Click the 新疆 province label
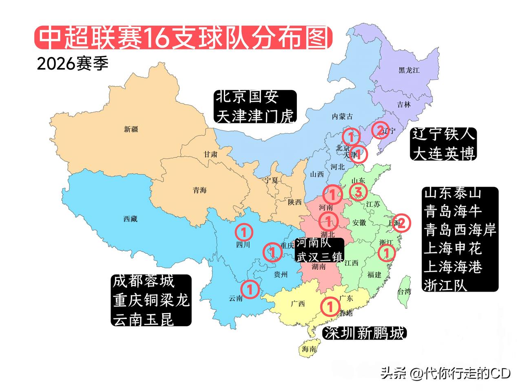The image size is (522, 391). [131, 129]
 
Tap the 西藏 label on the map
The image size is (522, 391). [130, 219]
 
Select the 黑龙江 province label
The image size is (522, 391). [409, 70]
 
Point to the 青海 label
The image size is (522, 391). [200, 190]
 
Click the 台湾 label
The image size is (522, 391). [404, 292]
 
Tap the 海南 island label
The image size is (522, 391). [309, 349]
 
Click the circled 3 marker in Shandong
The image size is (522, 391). [358, 191]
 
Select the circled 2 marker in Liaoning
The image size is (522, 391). [380, 130]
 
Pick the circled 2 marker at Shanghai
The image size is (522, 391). [401, 223]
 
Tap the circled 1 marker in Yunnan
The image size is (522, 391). [250, 289]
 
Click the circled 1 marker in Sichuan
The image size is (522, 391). [244, 232]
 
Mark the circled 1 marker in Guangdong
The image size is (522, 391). [330, 306]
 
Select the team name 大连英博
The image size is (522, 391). [444, 154]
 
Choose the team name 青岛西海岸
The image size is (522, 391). [460, 230]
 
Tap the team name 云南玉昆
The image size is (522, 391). [144, 319]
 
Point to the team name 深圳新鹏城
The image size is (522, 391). [364, 333]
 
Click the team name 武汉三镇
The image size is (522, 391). [320, 257]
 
